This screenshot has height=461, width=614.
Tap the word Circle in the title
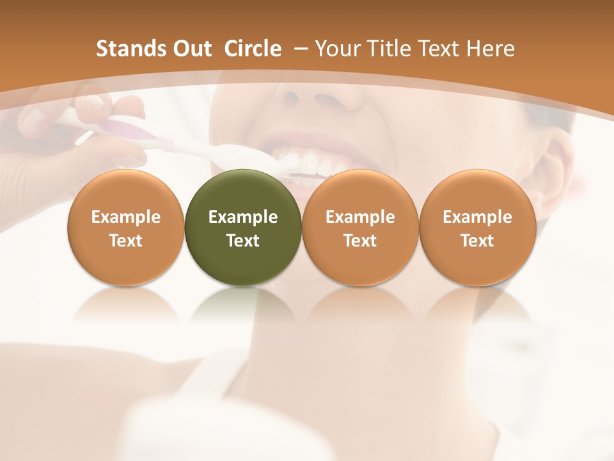253,49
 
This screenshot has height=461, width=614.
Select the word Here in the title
490,49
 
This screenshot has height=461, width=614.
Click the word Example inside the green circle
243,217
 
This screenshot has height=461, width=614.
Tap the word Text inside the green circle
243,241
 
